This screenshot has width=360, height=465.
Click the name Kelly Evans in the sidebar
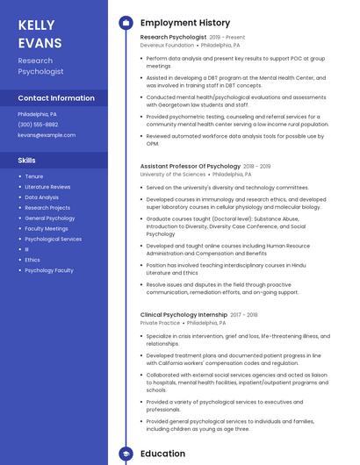point(40,34)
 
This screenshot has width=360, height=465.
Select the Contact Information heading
point(56,98)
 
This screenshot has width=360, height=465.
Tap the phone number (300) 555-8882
point(39,125)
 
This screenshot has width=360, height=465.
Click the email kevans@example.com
point(47,135)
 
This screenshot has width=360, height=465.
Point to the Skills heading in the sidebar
point(27,161)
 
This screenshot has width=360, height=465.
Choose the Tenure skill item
point(34,176)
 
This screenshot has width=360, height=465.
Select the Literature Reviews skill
point(47,187)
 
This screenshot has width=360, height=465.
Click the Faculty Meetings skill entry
point(47,228)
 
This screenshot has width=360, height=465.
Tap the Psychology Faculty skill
point(49,270)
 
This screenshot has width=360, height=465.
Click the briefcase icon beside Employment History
point(126,22)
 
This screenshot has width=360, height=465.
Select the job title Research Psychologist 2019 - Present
point(192,38)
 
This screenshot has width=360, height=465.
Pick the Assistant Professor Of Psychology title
point(190,166)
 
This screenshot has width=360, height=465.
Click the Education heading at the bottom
point(162,454)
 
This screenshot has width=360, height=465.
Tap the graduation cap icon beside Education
point(126,454)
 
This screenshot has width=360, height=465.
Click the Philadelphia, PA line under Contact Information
point(38,114)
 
